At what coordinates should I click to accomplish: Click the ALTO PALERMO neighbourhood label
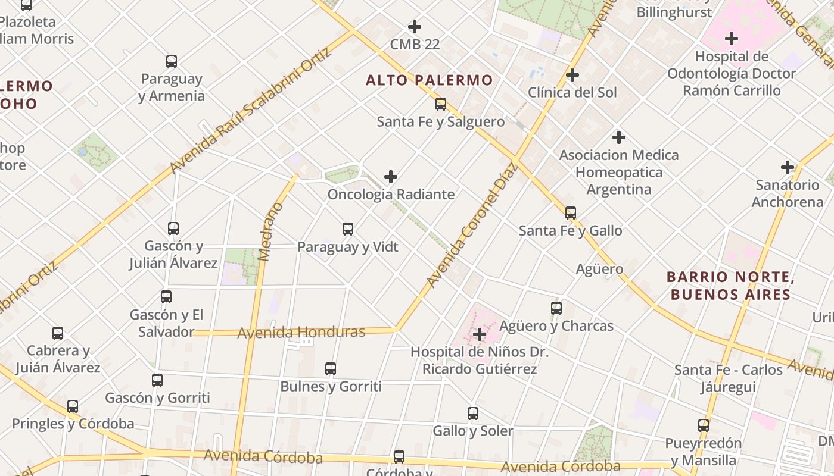pyautogui.click(x=429, y=80)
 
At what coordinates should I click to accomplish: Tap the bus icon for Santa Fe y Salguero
pyautogui.click(x=441, y=104)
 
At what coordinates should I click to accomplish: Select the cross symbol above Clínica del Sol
pyautogui.click(x=572, y=75)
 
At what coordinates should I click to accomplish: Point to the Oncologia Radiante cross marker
pyautogui.click(x=391, y=177)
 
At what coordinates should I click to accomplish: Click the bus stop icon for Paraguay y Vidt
pyautogui.click(x=348, y=229)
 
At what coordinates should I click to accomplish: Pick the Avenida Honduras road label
pyautogui.click(x=301, y=332)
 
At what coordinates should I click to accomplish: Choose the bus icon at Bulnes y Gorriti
pyautogui.click(x=331, y=369)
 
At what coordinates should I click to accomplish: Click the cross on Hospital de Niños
pyautogui.click(x=480, y=334)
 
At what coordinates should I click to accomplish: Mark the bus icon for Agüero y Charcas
pyautogui.click(x=556, y=308)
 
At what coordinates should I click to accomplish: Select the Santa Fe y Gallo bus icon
pyautogui.click(x=571, y=213)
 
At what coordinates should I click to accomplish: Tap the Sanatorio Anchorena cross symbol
pyautogui.click(x=788, y=167)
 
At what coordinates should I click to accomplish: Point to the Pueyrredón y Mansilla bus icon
pyautogui.click(x=704, y=425)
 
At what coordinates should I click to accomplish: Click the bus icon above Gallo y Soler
pyautogui.click(x=473, y=413)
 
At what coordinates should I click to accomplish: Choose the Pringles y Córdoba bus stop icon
pyautogui.click(x=73, y=406)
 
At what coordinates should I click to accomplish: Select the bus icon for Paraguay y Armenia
pyautogui.click(x=172, y=61)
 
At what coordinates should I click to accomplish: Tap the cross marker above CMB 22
pyautogui.click(x=415, y=27)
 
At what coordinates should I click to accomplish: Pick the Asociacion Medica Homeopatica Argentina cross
pyautogui.click(x=619, y=137)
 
